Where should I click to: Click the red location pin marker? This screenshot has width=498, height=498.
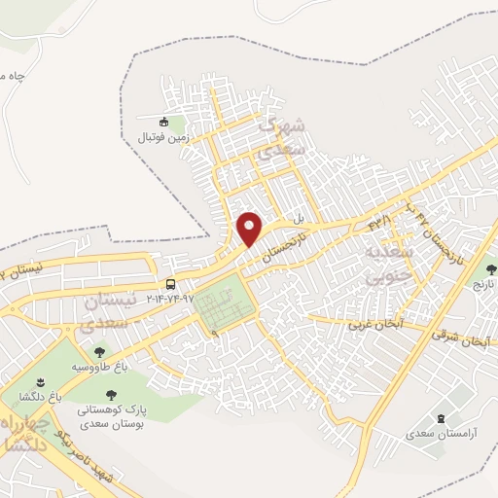pos(251,229)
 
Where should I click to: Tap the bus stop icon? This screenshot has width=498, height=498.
pos(171,284)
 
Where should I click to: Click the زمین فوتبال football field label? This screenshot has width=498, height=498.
pos(163,137)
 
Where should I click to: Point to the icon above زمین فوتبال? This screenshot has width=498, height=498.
pos(163,123)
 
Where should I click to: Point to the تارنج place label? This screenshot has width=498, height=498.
pos(483,288)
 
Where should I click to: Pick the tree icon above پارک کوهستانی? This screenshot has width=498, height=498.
pos(110,395)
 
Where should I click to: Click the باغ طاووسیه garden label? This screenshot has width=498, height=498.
pos(99,368)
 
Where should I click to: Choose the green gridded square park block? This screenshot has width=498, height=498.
pos(223,306)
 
